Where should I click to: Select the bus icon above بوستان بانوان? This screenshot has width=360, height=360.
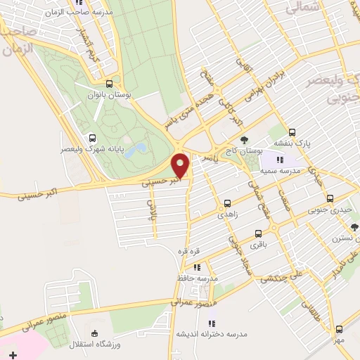pyautogui.click(x=119, y=82)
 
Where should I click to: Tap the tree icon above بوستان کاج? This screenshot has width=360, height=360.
pyautogui.click(x=245, y=140)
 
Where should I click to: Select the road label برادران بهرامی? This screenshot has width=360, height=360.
pyautogui.click(x=251, y=91)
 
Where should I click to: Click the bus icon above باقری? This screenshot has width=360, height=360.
pyautogui.click(x=259, y=233)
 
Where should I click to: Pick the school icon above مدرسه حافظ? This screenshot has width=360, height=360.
pyautogui.click(x=197, y=267)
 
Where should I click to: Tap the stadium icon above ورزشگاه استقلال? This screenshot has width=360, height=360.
pyautogui.click(x=96, y=333)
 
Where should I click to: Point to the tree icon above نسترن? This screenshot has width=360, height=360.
pyautogui.click(x=354, y=227)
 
